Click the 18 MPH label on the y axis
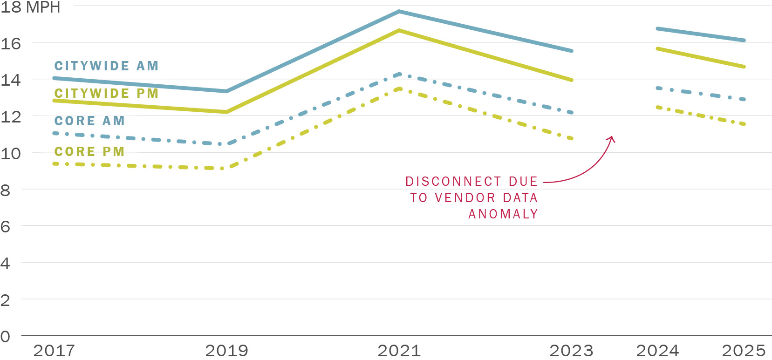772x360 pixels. [x=30, y=7]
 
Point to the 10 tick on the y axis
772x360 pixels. [x=11, y=153]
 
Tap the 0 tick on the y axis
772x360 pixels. [x=5, y=336]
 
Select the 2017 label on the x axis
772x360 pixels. [x=54, y=350]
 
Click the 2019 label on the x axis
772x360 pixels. [x=226, y=350]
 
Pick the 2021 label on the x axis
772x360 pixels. [x=399, y=350]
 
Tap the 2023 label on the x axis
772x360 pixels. [x=571, y=350]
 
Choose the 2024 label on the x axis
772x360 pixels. [x=657, y=350]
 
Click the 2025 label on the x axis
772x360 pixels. [x=744, y=350]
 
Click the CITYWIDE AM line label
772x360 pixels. [x=107, y=66]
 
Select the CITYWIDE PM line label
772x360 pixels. [x=107, y=93]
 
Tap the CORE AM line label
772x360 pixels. [x=89, y=121]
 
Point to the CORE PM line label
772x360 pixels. [x=89, y=152]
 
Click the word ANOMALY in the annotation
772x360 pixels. [x=503, y=214]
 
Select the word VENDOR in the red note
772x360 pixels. [x=465, y=198]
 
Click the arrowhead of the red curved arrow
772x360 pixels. [x=612, y=138]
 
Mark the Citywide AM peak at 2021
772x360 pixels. [x=399, y=11]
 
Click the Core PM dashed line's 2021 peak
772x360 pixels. [x=399, y=88]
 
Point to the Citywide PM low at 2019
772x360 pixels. [x=226, y=112]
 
